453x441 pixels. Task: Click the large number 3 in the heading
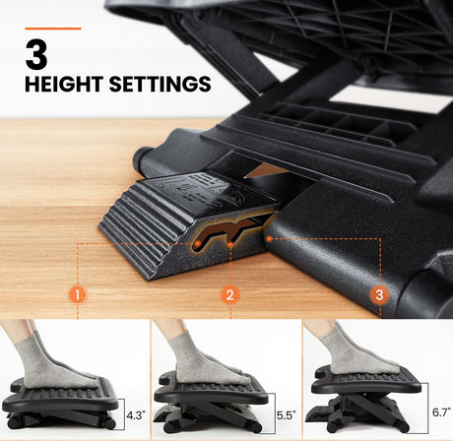click(x=36, y=54)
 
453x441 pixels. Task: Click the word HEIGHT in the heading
click(x=64, y=84)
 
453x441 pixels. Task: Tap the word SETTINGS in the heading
click(x=160, y=84)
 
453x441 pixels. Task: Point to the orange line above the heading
click(x=53, y=29)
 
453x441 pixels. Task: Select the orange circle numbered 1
click(x=78, y=294)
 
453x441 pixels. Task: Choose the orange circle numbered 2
click(x=230, y=294)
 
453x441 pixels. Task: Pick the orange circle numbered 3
click(x=379, y=294)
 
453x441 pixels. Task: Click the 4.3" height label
click(x=136, y=415)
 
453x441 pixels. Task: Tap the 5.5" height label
click(x=286, y=415)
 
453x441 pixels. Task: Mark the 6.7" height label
click(x=441, y=412)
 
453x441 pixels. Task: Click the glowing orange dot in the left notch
click(x=197, y=244)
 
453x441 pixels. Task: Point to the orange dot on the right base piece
click(x=269, y=239)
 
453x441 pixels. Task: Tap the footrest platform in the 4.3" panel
click(x=61, y=396)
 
